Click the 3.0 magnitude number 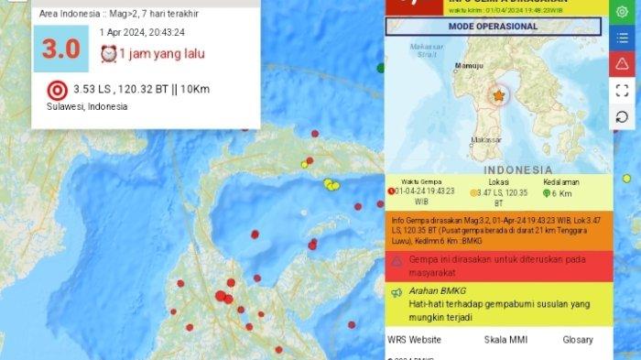tap(61, 49)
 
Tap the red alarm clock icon tap(109, 53)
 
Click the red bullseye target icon tap(57, 90)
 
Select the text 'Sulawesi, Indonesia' tap(87, 106)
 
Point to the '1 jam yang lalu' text tap(161, 53)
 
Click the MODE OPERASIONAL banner tap(493, 26)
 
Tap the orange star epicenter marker tap(499, 95)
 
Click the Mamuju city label tap(468, 65)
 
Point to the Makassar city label tap(485, 140)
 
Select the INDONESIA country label tap(518, 169)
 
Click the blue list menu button tap(623, 37)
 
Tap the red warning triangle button tap(623, 63)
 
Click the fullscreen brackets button tap(623, 90)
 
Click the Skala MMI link tap(504, 340)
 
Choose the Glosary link tap(578, 340)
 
